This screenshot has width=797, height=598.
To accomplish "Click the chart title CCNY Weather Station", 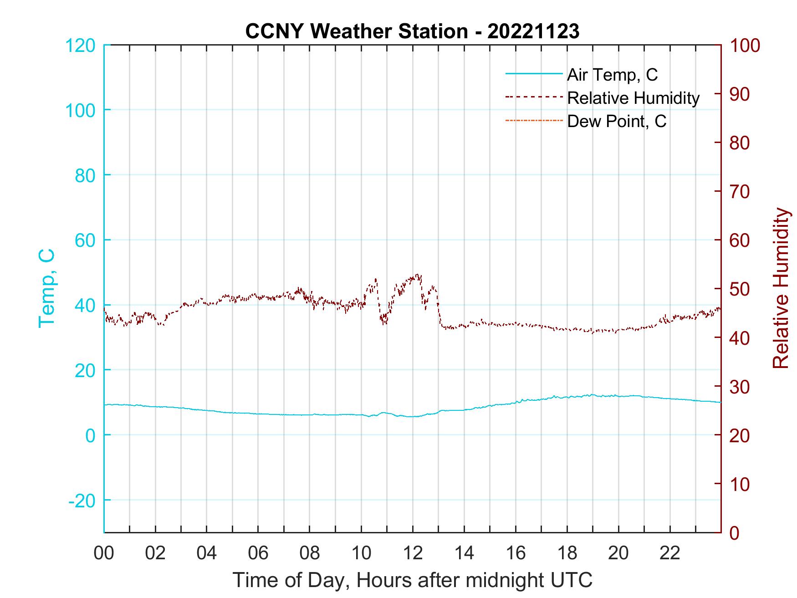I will pos(356,31).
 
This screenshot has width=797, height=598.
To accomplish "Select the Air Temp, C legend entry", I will pos(612,75).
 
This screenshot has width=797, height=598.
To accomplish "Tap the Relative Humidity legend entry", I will pos(633,98).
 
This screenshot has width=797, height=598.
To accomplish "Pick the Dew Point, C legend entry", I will pos(617,122).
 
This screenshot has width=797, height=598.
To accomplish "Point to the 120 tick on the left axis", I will pos(80,46).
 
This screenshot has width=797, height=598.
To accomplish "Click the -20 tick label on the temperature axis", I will pos(82,501).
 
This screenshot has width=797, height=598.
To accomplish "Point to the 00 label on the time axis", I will pos(104,553).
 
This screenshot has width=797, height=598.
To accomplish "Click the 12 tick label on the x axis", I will pos(413,553).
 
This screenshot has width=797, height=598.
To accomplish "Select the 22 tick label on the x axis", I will pos(670,553).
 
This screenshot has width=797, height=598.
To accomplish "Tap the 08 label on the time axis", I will pos(310,553).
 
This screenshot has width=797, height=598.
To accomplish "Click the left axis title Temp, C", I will pos(46,288).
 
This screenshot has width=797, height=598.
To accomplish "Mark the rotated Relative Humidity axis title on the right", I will pos(781,288).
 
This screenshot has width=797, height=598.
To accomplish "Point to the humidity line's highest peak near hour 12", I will pos(418,275).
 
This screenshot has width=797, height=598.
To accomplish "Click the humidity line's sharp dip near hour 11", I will pos(385,324).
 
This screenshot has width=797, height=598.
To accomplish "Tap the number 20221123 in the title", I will pos(533,31).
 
